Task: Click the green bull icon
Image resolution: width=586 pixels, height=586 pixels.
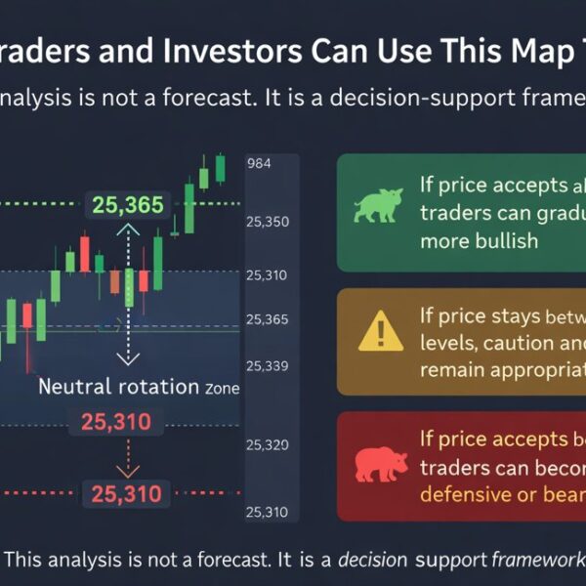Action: click(x=378, y=207)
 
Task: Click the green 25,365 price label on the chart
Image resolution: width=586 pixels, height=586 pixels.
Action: click(x=129, y=204)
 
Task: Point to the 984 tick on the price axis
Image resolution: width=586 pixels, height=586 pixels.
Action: click(x=260, y=163)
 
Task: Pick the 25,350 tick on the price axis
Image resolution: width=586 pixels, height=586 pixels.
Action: click(x=269, y=222)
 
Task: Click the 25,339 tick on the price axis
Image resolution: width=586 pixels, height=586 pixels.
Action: click(x=269, y=365)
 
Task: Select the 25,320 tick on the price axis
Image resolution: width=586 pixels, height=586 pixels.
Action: click(x=269, y=444)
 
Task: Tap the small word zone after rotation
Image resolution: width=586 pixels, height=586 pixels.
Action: click(x=222, y=388)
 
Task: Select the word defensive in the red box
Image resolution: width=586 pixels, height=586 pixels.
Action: click(x=466, y=494)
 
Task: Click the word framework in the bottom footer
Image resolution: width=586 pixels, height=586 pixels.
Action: click(x=536, y=561)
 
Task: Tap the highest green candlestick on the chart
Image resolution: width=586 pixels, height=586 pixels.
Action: click(x=220, y=167)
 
